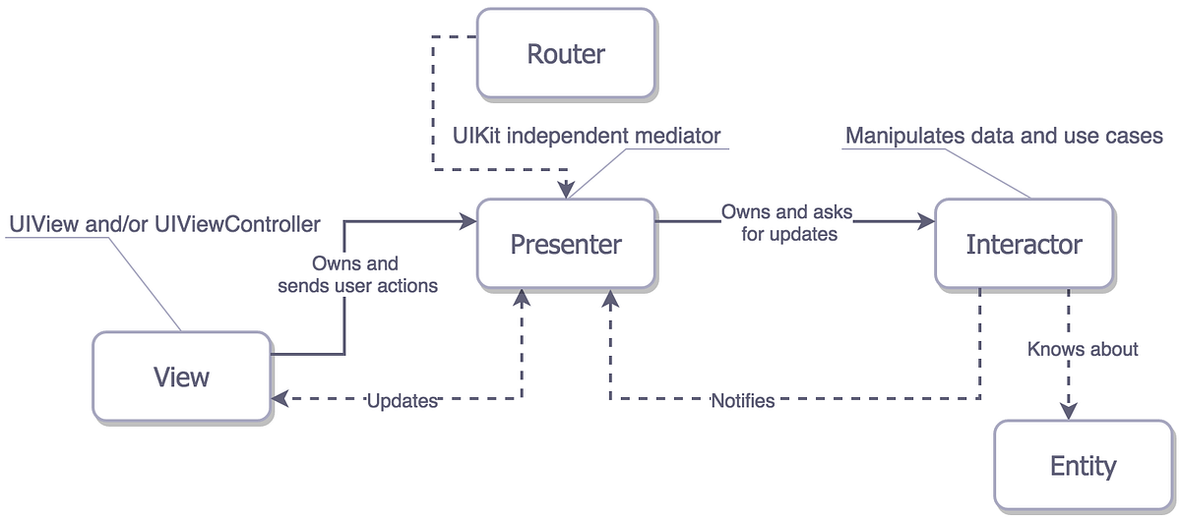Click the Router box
tap(566, 53)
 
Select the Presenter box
tap(566, 244)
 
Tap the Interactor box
tap(1024, 244)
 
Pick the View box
tap(182, 376)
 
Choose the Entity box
tap(1083, 465)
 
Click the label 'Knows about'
tap(1083, 349)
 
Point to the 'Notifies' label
tap(743, 400)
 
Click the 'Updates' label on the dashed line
tap(402, 400)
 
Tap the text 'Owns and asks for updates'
tap(786, 223)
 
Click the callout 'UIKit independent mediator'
tap(588, 134)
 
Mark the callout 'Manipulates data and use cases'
tap(1004, 136)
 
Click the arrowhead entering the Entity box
tap(1068, 412)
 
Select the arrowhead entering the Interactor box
tap(926, 223)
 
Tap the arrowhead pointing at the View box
tap(280, 399)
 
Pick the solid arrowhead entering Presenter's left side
tap(469, 223)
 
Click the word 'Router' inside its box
tap(566, 53)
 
